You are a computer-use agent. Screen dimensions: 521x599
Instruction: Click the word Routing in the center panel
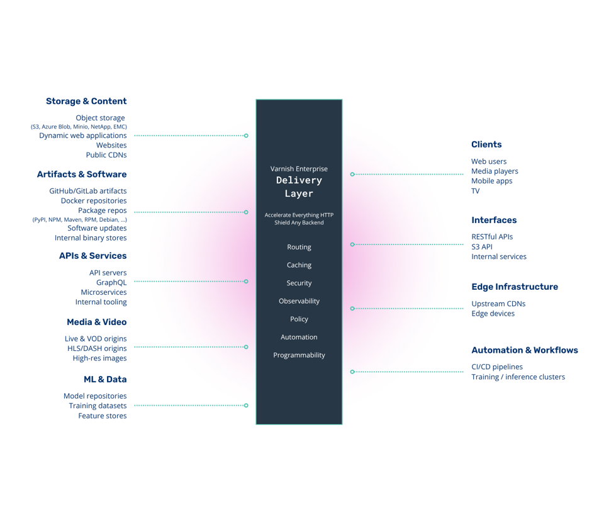pyautogui.click(x=299, y=247)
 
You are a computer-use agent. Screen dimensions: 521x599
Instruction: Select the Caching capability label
pyautogui.click(x=299, y=265)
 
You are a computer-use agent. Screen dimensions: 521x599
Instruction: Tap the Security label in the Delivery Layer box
pyautogui.click(x=299, y=283)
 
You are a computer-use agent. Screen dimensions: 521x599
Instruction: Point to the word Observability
pyautogui.click(x=299, y=301)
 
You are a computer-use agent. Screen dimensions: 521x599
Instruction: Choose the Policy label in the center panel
pyautogui.click(x=299, y=319)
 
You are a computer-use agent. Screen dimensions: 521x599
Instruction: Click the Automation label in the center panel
pyautogui.click(x=299, y=337)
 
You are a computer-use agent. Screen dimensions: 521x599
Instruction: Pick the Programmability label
pyautogui.click(x=299, y=355)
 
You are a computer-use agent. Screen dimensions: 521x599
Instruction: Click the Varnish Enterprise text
pyautogui.click(x=299, y=169)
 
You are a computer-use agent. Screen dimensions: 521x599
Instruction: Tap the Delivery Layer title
pyautogui.click(x=299, y=186)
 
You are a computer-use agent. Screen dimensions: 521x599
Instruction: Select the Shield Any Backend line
pyautogui.click(x=299, y=223)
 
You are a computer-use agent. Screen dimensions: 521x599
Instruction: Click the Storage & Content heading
pyautogui.click(x=86, y=101)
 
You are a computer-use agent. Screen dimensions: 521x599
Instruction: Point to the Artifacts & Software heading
pyautogui.click(x=82, y=174)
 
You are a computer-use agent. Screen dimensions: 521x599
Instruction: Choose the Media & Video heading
pyautogui.click(x=96, y=322)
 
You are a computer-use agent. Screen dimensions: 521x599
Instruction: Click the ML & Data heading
pyautogui.click(x=105, y=380)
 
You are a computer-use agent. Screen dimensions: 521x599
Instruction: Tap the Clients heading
pyautogui.click(x=486, y=144)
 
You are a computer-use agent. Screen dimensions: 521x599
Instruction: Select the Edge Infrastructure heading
pyautogui.click(x=515, y=287)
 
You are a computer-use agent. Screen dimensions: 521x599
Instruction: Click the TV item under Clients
pyautogui.click(x=475, y=191)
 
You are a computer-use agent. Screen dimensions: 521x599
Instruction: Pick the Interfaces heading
pyautogui.click(x=494, y=220)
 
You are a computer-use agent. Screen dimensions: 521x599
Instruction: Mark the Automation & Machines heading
pyautogui.click(x=524, y=350)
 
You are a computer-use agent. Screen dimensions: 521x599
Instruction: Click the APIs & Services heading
pyautogui.click(x=92, y=256)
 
